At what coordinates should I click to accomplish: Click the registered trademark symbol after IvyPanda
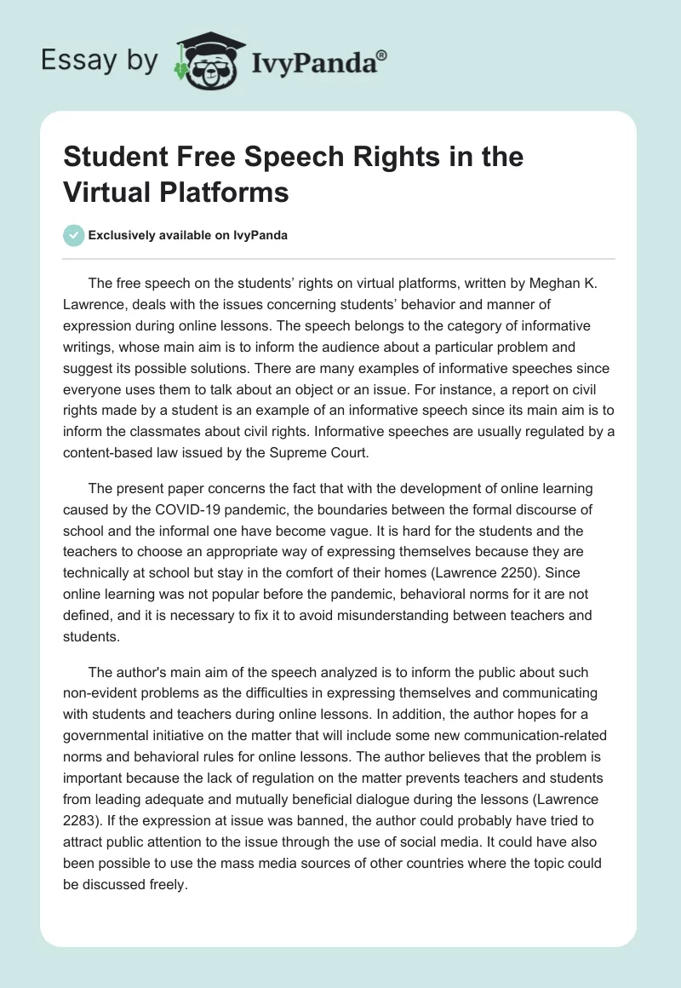[382, 55]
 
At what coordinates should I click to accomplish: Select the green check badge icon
[73, 235]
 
